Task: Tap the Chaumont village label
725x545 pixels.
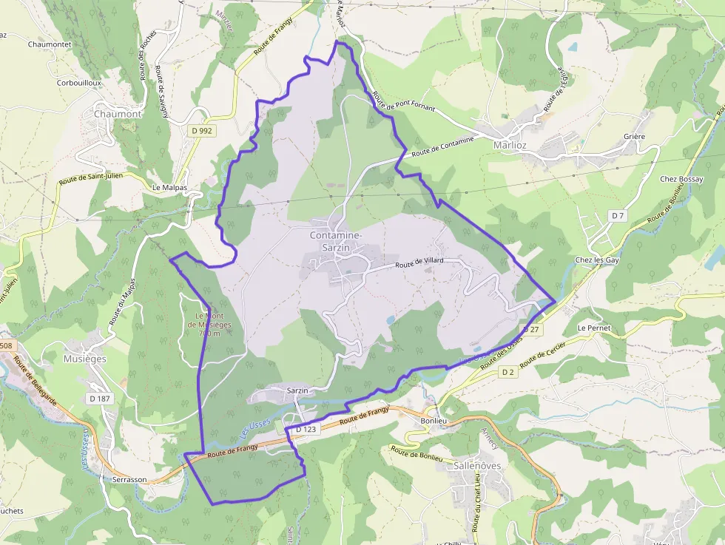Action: [118, 114]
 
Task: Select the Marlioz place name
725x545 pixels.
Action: [510, 145]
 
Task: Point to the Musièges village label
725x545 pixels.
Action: [85, 359]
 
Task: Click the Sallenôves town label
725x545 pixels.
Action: [476, 466]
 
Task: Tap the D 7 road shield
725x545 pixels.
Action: [618, 214]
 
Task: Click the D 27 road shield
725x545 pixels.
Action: [531, 328]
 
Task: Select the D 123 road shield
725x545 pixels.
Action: [306, 429]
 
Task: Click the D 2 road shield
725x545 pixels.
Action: [507, 372]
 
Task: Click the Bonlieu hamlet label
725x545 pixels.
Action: [434, 421]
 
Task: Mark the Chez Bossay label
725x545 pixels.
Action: [681, 179]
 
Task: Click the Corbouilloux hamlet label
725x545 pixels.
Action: [78, 83]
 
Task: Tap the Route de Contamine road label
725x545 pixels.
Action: [442, 146]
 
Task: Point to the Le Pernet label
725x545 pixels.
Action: [592, 327]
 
